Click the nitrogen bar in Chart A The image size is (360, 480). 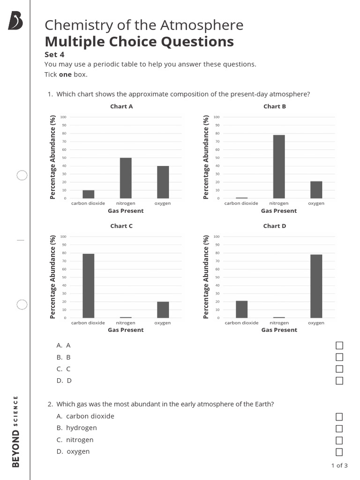tap(126, 178)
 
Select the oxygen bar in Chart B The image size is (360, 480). tap(316, 190)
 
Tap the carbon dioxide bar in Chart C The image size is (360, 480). tap(88, 286)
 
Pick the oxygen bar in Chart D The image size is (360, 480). tap(316, 286)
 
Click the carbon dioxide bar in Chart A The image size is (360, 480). tap(88, 194)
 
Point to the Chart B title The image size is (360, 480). tap(275, 106)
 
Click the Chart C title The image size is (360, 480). tap(121, 226)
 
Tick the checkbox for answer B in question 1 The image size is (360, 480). tap(339, 357)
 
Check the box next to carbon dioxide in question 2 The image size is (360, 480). tap(339, 417)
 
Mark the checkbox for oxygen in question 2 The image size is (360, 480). tap(339, 452)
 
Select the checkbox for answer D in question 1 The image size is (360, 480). tap(339, 381)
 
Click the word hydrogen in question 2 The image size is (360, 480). tap(82, 428)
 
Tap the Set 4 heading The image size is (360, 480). tap(54, 54)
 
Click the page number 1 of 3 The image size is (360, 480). tap(339, 465)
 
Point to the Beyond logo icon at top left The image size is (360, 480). tap(15, 21)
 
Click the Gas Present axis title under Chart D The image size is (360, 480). tap(279, 330)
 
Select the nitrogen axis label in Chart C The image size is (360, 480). tap(126, 323)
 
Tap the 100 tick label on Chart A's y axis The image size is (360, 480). tap(63, 117)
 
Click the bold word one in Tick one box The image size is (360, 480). tap(65, 75)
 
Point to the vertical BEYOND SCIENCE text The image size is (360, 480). tap(16, 431)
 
